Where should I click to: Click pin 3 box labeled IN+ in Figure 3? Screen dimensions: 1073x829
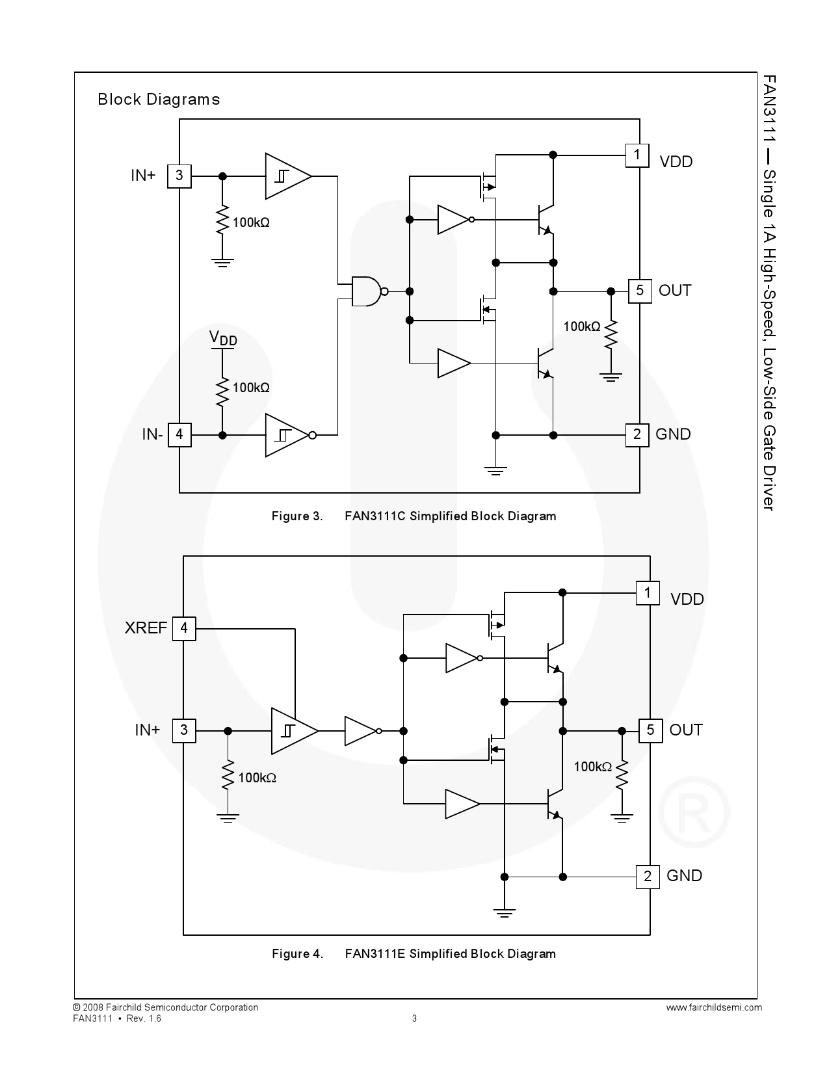(x=179, y=176)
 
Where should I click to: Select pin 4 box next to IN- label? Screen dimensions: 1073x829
(x=179, y=434)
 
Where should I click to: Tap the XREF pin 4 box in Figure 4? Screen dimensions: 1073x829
(x=184, y=628)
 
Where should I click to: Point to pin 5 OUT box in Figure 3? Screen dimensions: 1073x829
(x=640, y=291)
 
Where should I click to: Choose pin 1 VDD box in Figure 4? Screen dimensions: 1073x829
(x=648, y=592)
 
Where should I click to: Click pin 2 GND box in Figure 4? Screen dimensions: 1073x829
(x=648, y=876)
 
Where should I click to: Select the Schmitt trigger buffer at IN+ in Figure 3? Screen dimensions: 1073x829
(x=287, y=176)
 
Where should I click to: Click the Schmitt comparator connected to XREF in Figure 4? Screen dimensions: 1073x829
(x=293, y=731)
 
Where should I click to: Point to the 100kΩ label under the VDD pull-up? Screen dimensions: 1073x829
(x=251, y=388)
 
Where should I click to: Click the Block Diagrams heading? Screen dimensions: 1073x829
(x=159, y=99)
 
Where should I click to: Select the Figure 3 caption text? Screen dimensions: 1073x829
(x=414, y=516)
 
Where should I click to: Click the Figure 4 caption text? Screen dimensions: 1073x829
(x=414, y=954)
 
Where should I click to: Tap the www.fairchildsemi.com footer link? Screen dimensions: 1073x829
(x=714, y=1007)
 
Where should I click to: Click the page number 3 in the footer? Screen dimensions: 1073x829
(x=415, y=1018)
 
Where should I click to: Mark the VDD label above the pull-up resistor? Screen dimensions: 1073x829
(x=223, y=338)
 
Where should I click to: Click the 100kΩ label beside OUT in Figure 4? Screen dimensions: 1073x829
(x=592, y=767)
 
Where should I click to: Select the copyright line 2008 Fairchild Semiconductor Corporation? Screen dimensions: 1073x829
(x=166, y=1007)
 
